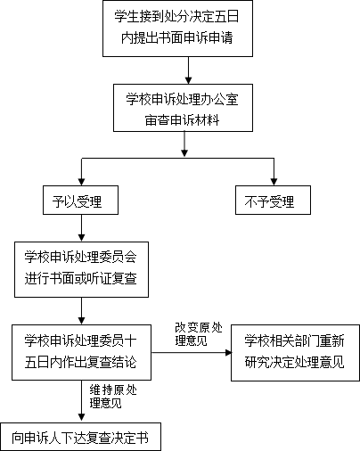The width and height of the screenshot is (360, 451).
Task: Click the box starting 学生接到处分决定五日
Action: [x=177, y=29]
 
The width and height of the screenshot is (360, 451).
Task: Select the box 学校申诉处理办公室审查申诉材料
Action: [x=183, y=108]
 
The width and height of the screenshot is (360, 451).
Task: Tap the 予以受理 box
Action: [x=80, y=201]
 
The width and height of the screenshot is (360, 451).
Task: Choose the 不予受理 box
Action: [x=273, y=201]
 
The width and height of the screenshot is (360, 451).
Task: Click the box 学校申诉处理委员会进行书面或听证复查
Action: [x=81, y=269]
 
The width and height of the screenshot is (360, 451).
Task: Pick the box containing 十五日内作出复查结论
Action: [x=81, y=352]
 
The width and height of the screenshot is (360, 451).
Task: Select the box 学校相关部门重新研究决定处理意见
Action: [x=295, y=353]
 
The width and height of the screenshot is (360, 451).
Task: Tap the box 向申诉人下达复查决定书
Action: [x=80, y=437]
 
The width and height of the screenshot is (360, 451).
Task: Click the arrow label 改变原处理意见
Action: [x=199, y=334]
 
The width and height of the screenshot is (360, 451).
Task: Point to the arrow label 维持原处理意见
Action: [x=113, y=397]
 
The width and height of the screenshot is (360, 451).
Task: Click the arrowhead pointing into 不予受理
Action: [x=274, y=182]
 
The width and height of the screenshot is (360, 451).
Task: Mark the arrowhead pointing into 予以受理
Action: [x=81, y=182]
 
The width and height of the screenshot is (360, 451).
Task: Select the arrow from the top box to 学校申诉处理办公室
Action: [x=188, y=70]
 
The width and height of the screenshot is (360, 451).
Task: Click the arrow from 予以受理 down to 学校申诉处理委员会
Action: [x=81, y=228]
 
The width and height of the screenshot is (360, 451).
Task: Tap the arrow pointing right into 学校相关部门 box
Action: [x=192, y=353]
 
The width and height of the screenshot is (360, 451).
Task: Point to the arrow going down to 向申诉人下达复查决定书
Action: [x=81, y=401]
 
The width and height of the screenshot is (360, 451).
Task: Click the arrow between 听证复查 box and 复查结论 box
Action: [x=81, y=311]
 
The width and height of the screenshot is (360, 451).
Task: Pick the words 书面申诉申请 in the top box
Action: [x=195, y=37]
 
